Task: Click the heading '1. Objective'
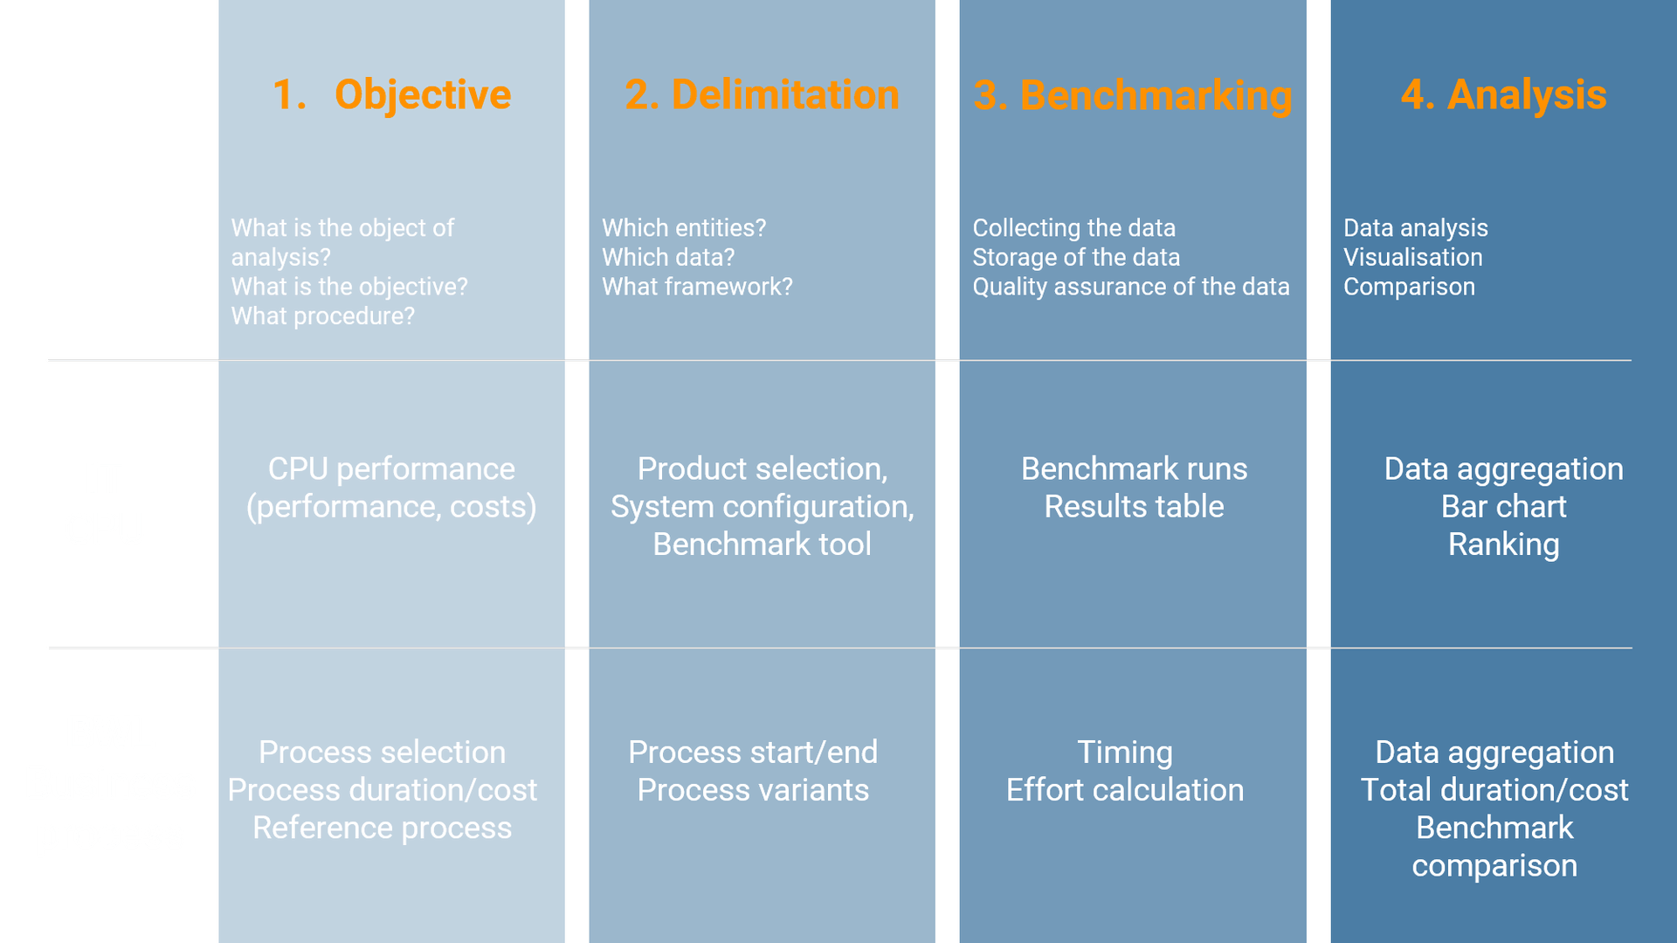391,94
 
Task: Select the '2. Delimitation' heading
762,94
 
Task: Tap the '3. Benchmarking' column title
1132,95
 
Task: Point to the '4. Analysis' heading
1503,94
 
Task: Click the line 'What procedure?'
322,316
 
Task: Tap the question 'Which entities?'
683,228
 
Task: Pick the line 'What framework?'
697,287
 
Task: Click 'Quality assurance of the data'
1130,287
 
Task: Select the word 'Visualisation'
1412,258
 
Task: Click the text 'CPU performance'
391,469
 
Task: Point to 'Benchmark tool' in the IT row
762,544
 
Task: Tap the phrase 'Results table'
1134,507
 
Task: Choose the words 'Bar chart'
1503,507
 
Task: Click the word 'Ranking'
1503,544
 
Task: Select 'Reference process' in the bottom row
382,828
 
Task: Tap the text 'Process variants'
753,790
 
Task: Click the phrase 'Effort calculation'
1124,790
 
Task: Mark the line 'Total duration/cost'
1494,790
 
